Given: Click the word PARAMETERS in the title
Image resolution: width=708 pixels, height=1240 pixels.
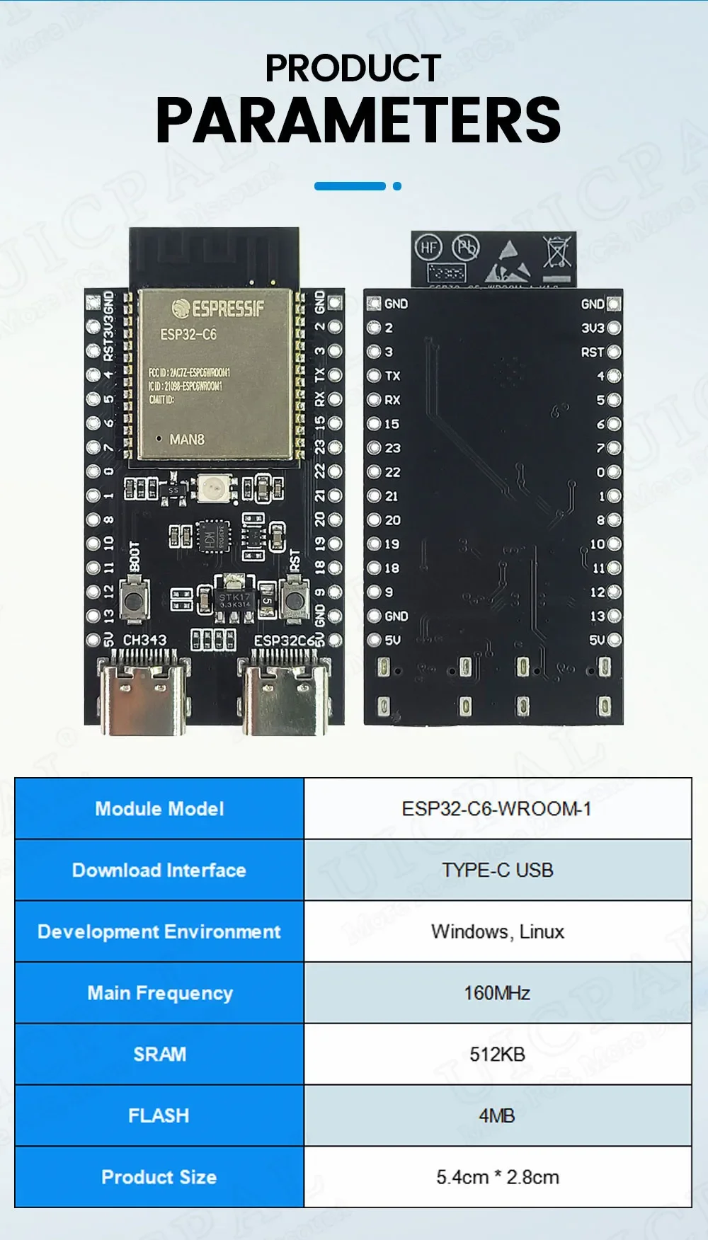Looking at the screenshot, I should click(358, 120).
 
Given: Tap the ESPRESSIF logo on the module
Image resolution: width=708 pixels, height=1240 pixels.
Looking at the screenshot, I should click(218, 309).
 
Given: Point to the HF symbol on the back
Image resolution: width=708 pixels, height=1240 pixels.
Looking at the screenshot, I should click(428, 247).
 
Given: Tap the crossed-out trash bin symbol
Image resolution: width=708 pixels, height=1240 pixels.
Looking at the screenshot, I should click(557, 253).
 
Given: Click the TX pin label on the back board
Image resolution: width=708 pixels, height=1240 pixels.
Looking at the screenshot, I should click(393, 376).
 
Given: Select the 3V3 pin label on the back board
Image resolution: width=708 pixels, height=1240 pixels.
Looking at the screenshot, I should click(593, 328).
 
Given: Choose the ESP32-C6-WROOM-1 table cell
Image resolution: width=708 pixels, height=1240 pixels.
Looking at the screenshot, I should click(497, 809).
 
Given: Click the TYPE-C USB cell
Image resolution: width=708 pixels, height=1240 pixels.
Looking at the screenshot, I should click(497, 870).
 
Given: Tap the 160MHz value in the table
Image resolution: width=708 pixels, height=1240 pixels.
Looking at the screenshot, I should click(497, 993).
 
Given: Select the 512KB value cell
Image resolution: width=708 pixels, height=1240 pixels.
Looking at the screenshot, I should click(497, 1054).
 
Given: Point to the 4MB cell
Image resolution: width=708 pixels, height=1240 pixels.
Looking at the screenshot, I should click(497, 1115).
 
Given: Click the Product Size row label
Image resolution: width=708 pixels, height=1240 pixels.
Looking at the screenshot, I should click(159, 1177).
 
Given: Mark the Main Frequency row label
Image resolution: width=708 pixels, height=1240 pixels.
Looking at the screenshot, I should click(159, 993).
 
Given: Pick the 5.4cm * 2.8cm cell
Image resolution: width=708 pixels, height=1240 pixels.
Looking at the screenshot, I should click(497, 1177).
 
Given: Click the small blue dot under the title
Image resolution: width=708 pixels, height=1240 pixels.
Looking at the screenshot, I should click(397, 186).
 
